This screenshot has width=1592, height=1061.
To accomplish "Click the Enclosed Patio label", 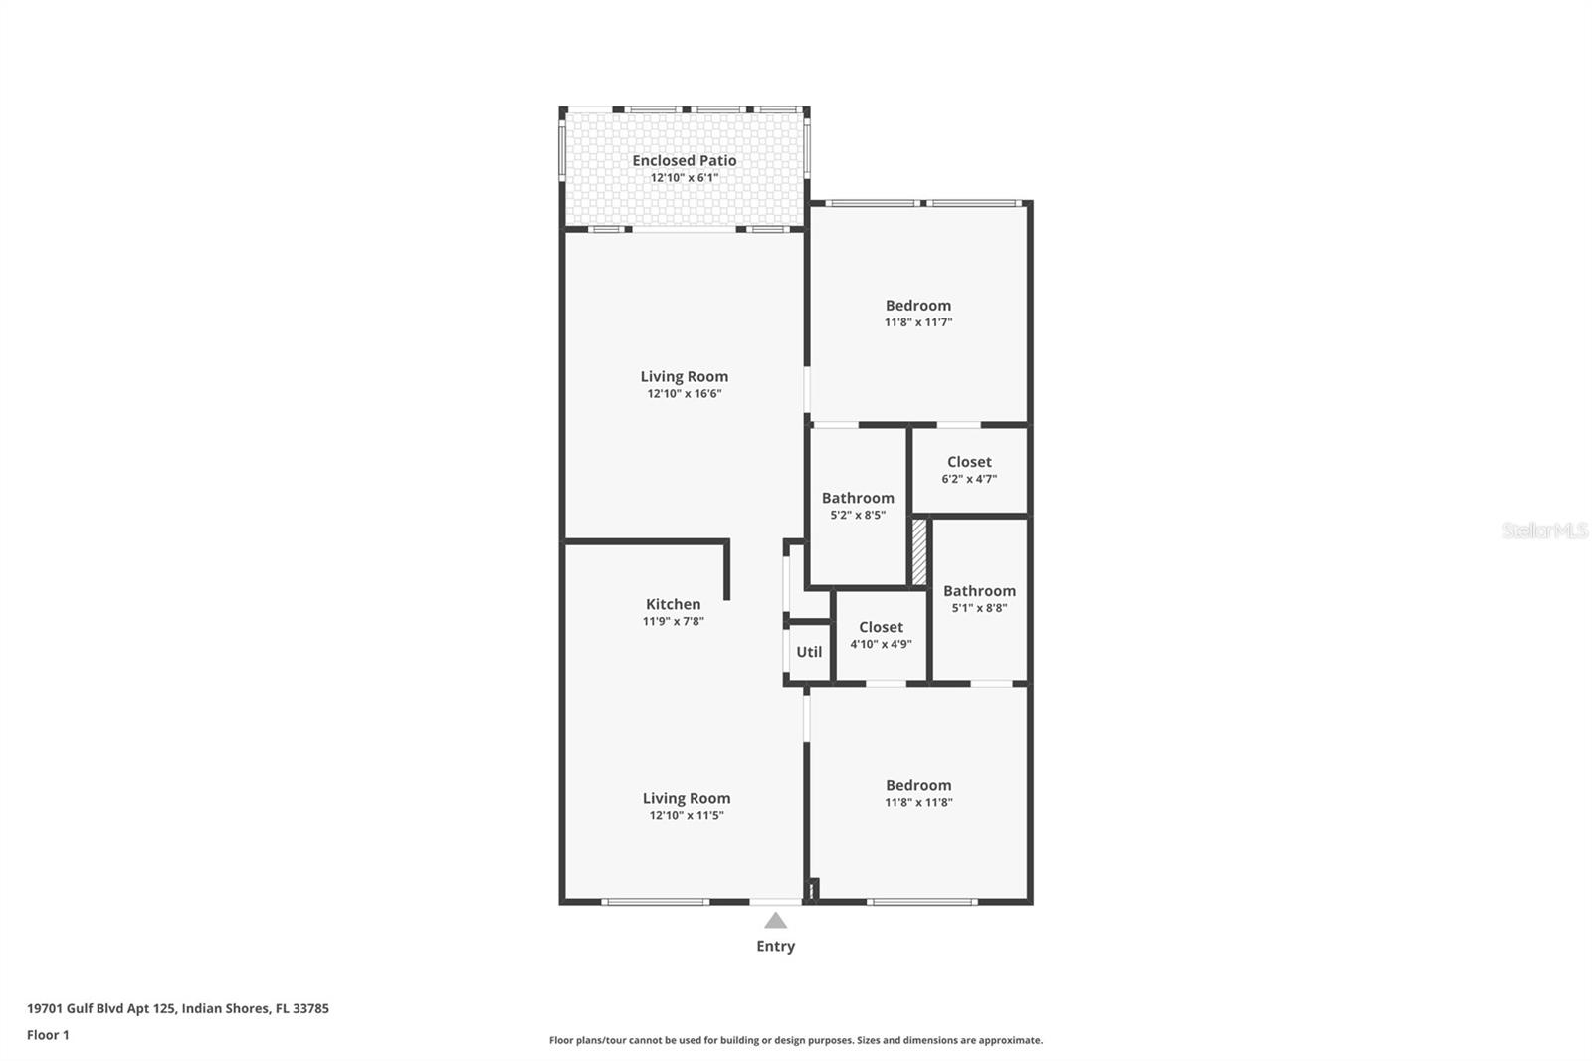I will (684, 160).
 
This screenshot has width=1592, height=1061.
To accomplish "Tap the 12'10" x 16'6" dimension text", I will (684, 394).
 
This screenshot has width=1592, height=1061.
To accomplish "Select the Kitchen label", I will (673, 604).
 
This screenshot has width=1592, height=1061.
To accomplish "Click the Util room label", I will (809, 652).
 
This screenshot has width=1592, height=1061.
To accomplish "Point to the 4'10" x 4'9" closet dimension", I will (881, 644).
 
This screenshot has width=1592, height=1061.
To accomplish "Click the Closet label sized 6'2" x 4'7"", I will (969, 462).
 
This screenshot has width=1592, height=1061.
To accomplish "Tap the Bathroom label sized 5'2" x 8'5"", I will (857, 498).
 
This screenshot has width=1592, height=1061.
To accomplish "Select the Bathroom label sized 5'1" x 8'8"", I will (979, 591).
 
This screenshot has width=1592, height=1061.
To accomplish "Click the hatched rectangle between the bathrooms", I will (919, 551).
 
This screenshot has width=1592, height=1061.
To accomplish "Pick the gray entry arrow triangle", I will (775, 921).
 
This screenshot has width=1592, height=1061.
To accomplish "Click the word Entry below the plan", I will (775, 946).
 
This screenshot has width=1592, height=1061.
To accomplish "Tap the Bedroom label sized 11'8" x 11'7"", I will (917, 306).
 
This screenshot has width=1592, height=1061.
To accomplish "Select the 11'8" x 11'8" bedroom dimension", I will (918, 802).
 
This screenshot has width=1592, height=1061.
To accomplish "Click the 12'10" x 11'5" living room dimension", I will (686, 815).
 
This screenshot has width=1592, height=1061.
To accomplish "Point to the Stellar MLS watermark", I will (1544, 530).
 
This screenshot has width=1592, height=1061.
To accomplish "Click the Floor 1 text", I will (48, 1035).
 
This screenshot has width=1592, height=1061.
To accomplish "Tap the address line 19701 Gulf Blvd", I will (177, 1008).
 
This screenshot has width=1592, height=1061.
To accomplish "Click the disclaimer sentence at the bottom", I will (795, 1040).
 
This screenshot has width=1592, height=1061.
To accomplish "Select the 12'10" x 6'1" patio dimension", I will (684, 178).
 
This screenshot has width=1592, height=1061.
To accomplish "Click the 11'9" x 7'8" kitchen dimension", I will (673, 621).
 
